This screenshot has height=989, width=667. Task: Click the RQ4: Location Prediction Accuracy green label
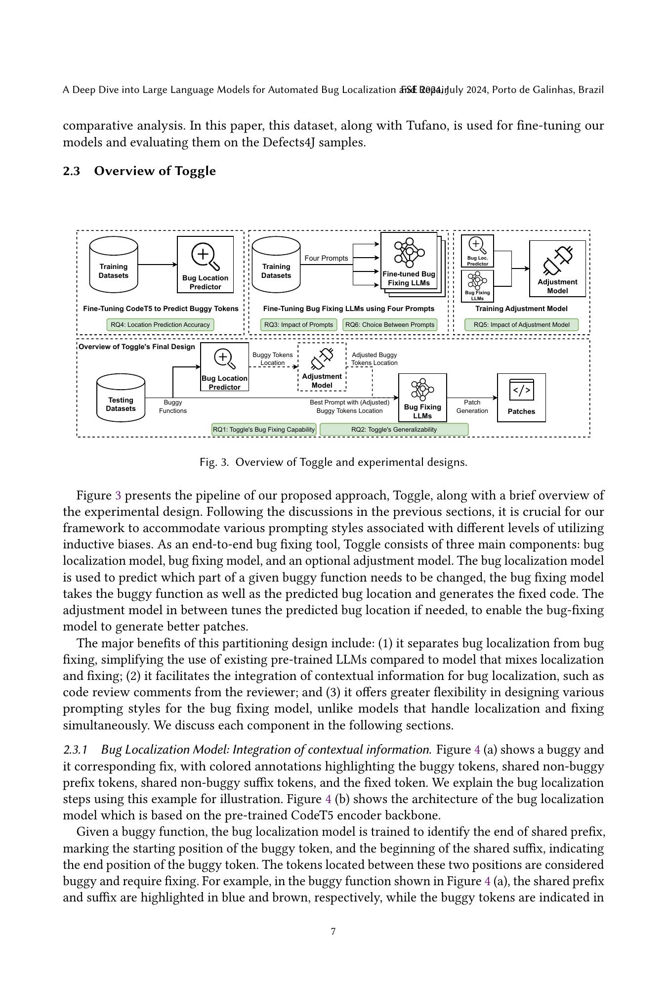coord(160,325)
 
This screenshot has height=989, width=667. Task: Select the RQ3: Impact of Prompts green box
coord(298,325)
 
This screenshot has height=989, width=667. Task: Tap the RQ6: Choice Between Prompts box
coord(390,325)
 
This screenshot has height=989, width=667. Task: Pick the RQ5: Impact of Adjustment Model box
coord(521,325)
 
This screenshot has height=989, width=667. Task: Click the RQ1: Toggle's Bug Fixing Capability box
coord(264,430)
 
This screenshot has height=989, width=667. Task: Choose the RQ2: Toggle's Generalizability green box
coord(394,430)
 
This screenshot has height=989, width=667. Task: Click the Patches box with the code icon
coord(521,398)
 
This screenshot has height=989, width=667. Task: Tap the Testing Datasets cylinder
coord(121,398)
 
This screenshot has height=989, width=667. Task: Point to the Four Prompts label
coord(326,258)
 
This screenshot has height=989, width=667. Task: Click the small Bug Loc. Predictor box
coord(477,251)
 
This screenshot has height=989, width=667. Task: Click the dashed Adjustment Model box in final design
coord(322,367)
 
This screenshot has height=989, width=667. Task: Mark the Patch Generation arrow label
coord(472,406)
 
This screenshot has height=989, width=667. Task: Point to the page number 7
coord(333,932)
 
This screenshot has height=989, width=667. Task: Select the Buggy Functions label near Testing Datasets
coord(173,406)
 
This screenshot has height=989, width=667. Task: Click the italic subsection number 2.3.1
coord(75,750)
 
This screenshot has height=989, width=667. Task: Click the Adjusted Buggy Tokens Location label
coord(375,359)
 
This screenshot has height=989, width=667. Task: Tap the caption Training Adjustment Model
coord(521,309)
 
